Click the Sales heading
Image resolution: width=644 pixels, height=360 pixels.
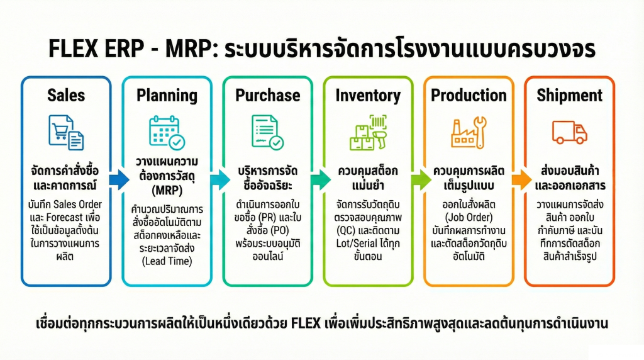66,96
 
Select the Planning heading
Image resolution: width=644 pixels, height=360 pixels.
167,96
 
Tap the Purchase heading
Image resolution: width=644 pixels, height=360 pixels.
267,96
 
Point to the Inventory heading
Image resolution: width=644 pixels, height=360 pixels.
368,96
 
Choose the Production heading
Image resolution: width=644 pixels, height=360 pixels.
469,96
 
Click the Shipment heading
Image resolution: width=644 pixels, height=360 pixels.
569,96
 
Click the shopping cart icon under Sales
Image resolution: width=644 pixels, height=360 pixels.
65,132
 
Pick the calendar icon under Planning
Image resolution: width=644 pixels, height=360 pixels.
167,132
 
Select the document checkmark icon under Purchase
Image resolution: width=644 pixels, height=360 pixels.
267,132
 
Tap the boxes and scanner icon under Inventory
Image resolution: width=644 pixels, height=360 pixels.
368,132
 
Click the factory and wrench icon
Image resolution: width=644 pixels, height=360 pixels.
469,132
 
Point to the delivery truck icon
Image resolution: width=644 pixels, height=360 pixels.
569,132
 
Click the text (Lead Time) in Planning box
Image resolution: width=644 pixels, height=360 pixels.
167,261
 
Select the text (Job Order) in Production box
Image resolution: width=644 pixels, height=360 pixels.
469,217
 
